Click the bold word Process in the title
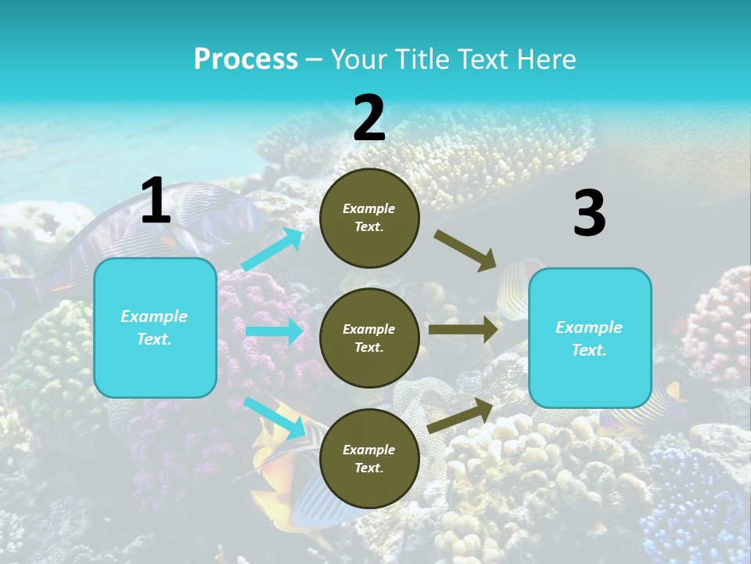pyautogui.click(x=246, y=60)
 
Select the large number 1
pyautogui.click(x=156, y=201)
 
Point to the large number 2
pyautogui.click(x=369, y=118)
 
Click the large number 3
pyautogui.click(x=589, y=214)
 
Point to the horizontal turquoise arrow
pyautogui.click(x=274, y=331)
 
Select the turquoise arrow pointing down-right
pyautogui.click(x=275, y=418)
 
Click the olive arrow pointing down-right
pyautogui.click(x=465, y=251)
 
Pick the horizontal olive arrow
pyautogui.click(x=462, y=329)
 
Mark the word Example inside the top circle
pyautogui.click(x=369, y=209)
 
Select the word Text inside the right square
pyautogui.click(x=589, y=350)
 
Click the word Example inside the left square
pyautogui.click(x=154, y=316)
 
